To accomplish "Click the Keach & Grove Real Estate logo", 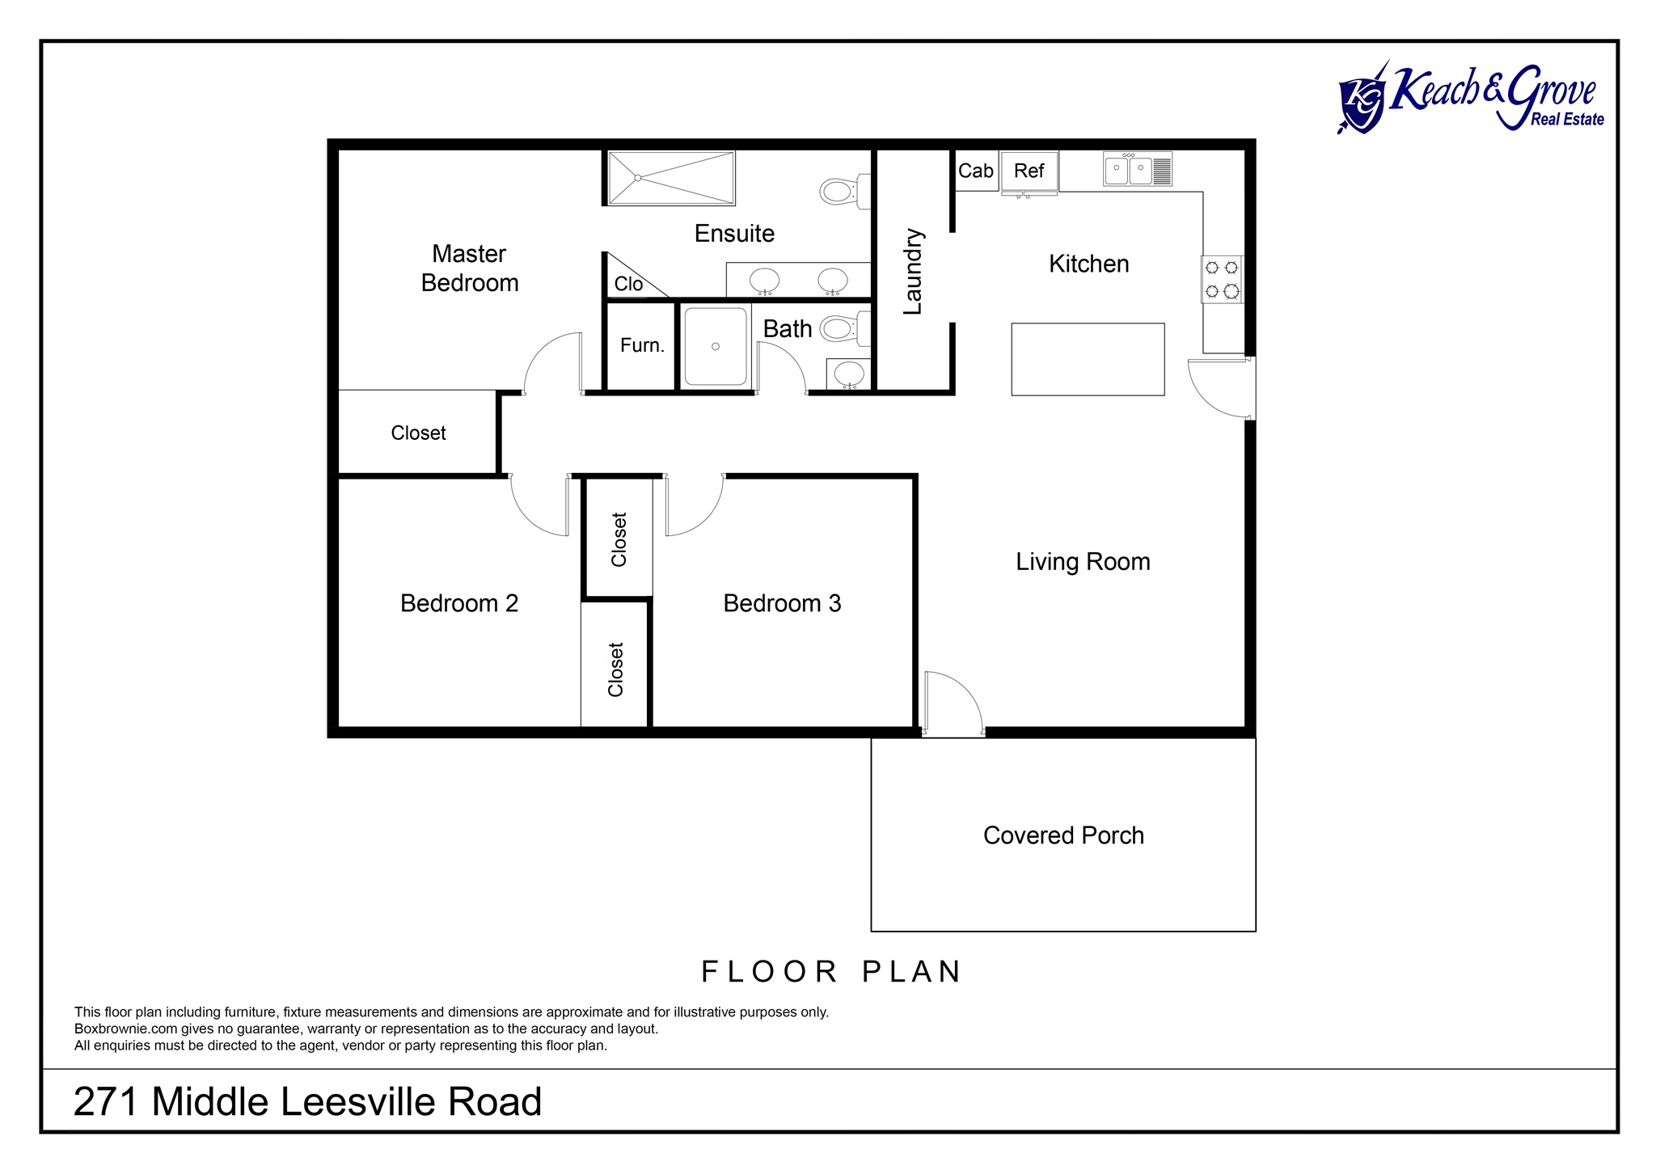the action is click(x=1470, y=98).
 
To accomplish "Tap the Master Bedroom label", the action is click(x=470, y=268).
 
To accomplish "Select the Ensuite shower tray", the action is click(x=671, y=178).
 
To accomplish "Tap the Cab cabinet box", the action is click(x=976, y=171).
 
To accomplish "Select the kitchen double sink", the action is click(x=1138, y=169).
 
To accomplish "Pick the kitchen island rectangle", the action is click(x=1088, y=360).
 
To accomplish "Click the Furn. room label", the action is click(x=642, y=345).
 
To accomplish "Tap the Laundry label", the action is click(x=913, y=272).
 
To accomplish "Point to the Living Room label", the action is click(x=1083, y=562).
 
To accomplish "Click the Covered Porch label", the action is click(x=1063, y=835).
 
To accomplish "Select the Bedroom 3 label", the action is click(x=782, y=603).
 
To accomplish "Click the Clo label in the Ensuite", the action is click(x=628, y=284).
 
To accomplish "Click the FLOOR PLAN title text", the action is click(x=831, y=971).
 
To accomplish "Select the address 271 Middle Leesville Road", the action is click(x=307, y=1101).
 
